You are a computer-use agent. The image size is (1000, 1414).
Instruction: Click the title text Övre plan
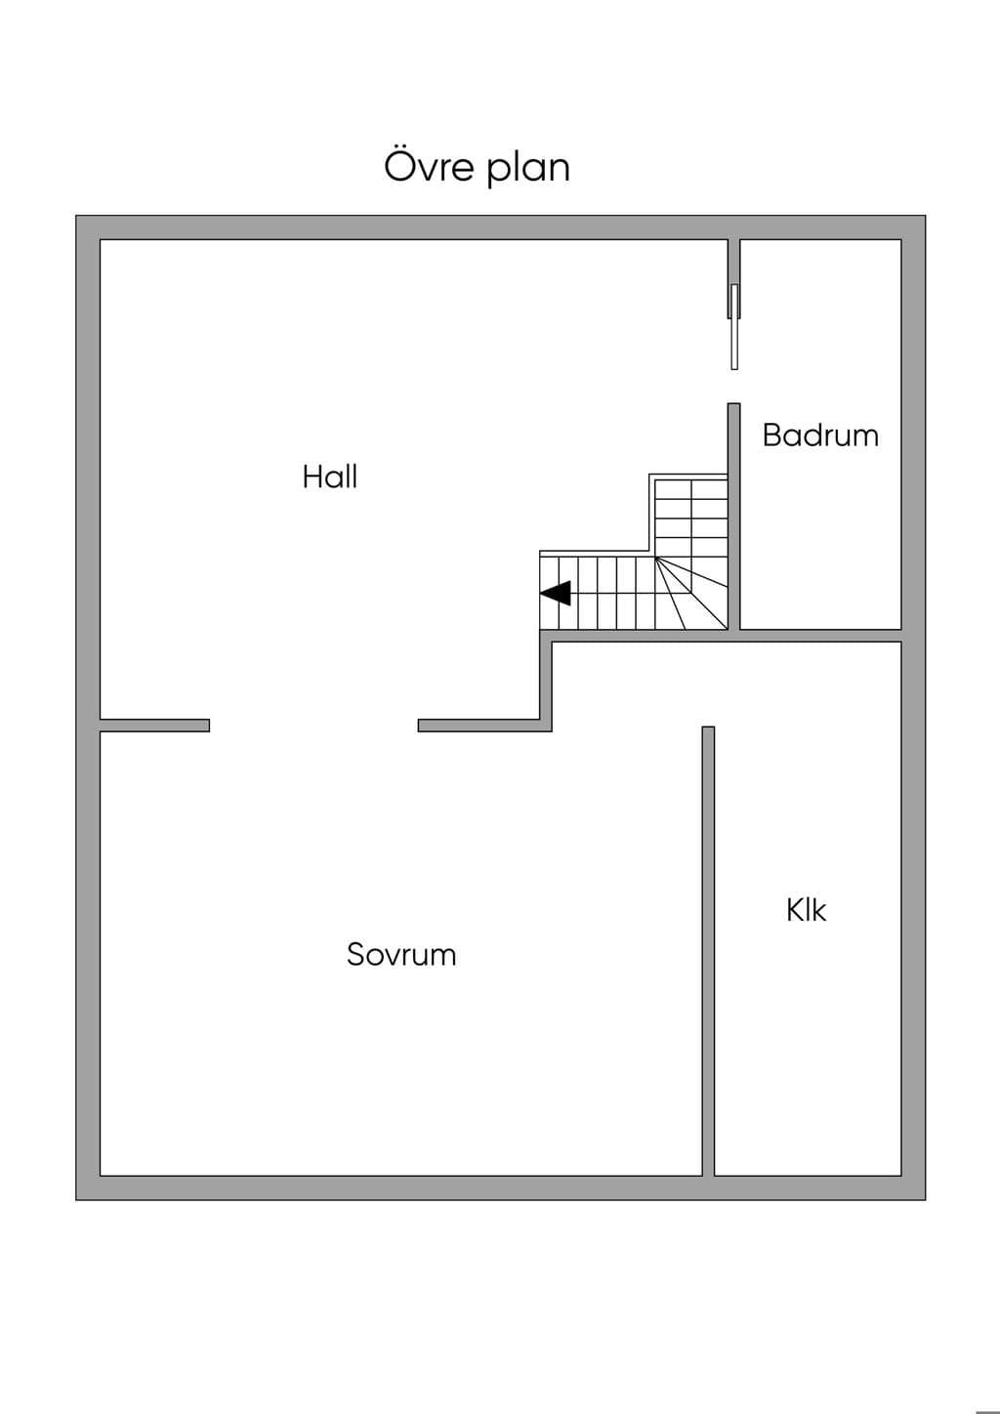(477, 167)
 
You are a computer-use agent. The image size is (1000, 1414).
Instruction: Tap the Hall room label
(329, 477)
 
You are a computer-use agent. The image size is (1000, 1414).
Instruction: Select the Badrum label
(820, 435)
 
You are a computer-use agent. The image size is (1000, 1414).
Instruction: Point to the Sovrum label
(401, 954)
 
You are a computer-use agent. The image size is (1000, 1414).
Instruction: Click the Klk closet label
(807, 910)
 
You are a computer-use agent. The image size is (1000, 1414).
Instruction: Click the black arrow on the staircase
(556, 593)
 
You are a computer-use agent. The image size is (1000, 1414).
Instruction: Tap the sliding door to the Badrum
(734, 326)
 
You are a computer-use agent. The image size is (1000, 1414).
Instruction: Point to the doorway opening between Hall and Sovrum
(313, 726)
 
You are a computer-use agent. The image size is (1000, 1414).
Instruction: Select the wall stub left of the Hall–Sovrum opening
(154, 726)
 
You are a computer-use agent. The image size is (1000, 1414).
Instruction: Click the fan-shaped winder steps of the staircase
(691, 594)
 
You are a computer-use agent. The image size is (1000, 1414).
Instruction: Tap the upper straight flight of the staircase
(691, 519)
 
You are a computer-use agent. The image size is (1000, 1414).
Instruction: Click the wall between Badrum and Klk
(820, 636)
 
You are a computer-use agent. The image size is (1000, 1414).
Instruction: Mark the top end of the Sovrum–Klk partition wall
(708, 727)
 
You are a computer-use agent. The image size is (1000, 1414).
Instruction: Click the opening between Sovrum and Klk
(708, 684)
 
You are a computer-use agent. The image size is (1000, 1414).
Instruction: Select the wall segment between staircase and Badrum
(733, 517)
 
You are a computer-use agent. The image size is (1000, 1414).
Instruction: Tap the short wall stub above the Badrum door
(733, 278)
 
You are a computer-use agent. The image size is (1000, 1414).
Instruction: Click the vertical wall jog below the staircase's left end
(546, 681)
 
